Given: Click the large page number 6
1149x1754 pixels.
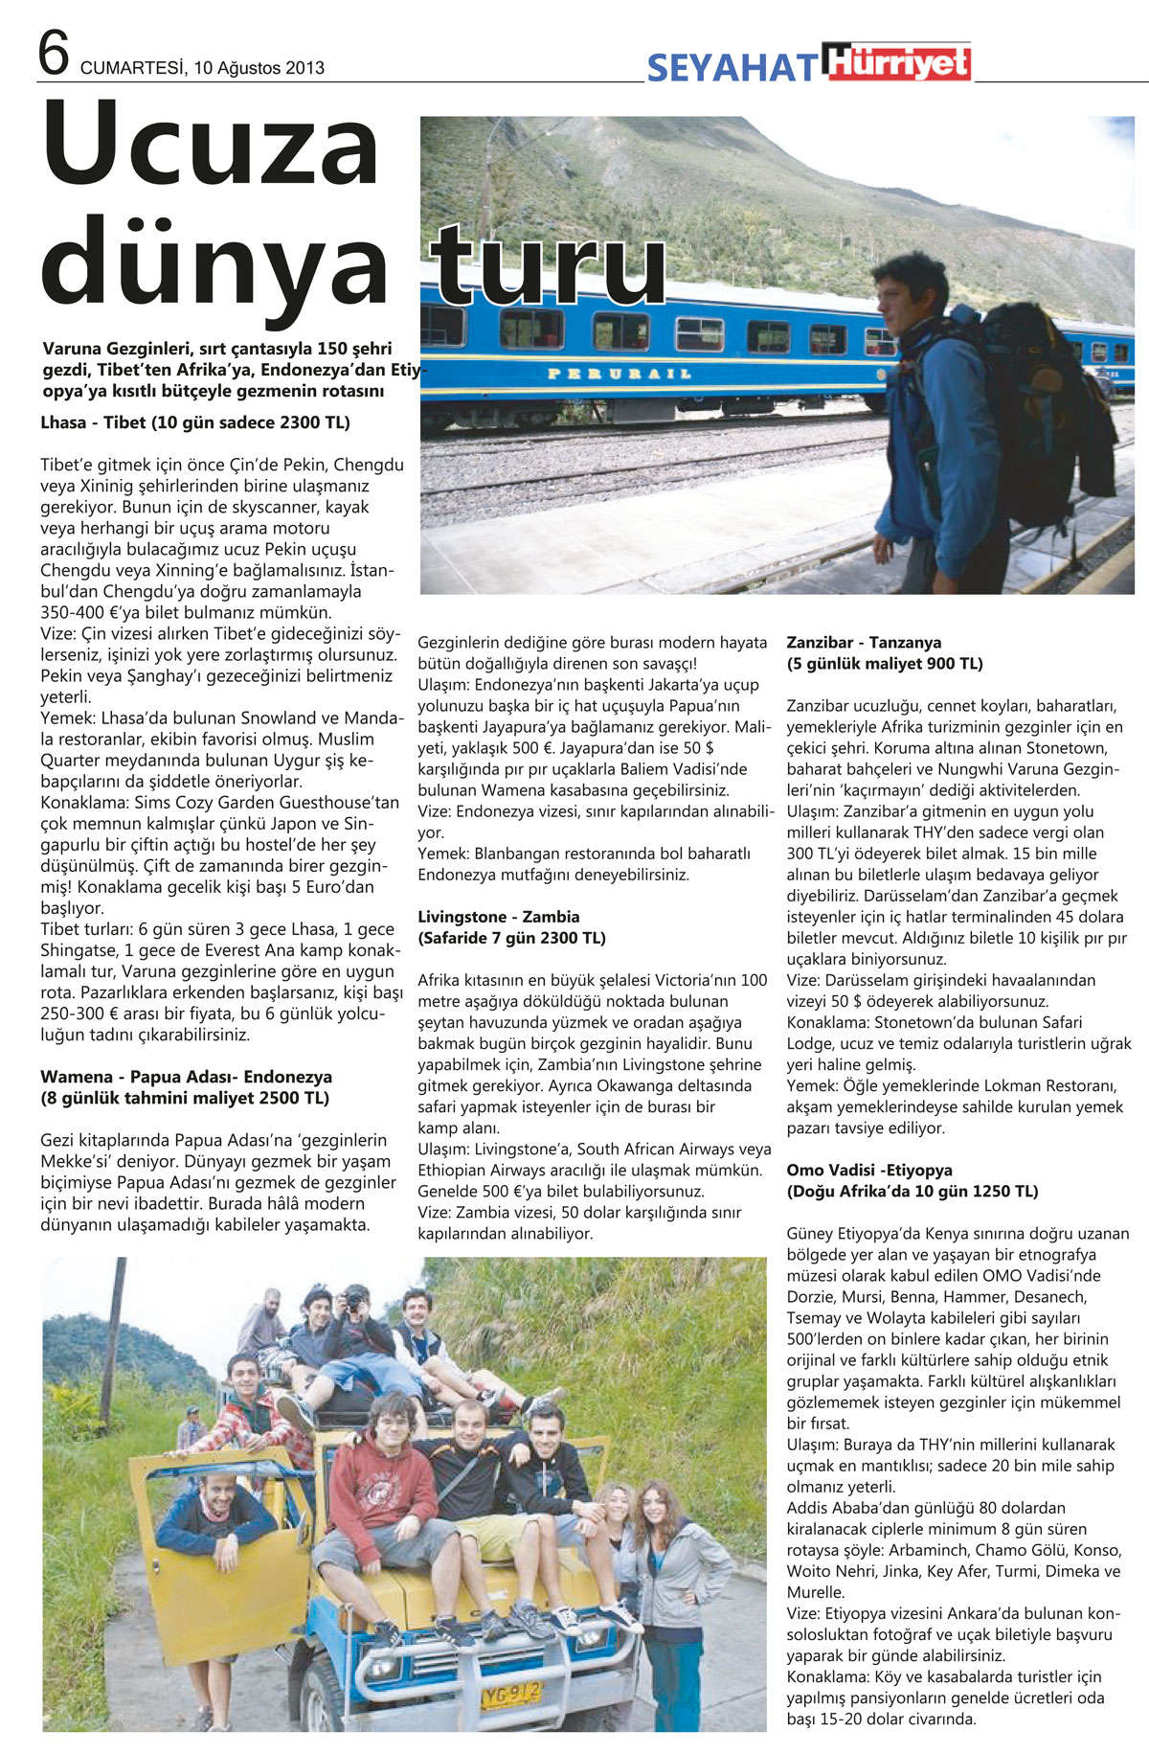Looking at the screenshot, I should [x=54, y=53].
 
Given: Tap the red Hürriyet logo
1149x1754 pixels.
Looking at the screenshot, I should [x=899, y=62].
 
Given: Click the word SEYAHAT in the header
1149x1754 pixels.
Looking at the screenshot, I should [x=732, y=68].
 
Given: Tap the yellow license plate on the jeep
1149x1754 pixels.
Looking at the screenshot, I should [x=510, y=1694].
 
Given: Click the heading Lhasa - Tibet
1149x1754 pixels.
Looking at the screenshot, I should [x=195, y=422].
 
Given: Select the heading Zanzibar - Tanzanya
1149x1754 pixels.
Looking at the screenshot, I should [x=864, y=643].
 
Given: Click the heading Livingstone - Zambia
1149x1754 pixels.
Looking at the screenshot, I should [x=498, y=917].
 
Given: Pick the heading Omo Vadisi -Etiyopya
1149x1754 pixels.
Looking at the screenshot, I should [x=869, y=1171].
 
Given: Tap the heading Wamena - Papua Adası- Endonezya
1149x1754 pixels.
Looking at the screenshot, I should [x=186, y=1077].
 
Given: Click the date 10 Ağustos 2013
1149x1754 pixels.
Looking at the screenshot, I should [x=259, y=68].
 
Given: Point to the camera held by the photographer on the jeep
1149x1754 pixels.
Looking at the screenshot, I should [x=353, y=1301].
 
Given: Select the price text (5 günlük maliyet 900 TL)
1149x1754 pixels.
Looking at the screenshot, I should [x=884, y=664].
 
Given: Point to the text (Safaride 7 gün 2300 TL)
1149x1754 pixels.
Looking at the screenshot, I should [x=511, y=938].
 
